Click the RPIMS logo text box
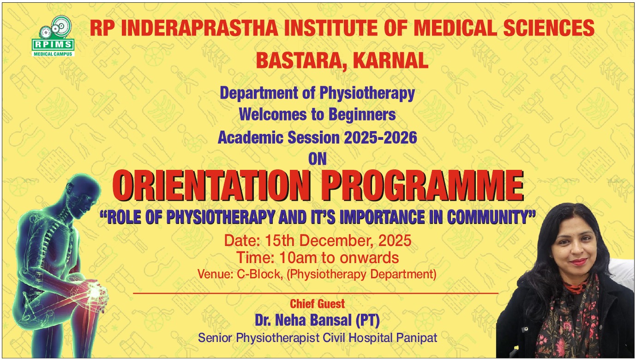coord(53,45)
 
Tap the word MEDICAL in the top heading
coord(456,28)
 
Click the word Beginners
coord(362,115)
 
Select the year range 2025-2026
coord(380,138)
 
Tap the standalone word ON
coord(318,159)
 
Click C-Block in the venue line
coord(258,274)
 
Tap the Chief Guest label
coord(318,304)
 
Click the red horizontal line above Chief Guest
coord(316,293)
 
